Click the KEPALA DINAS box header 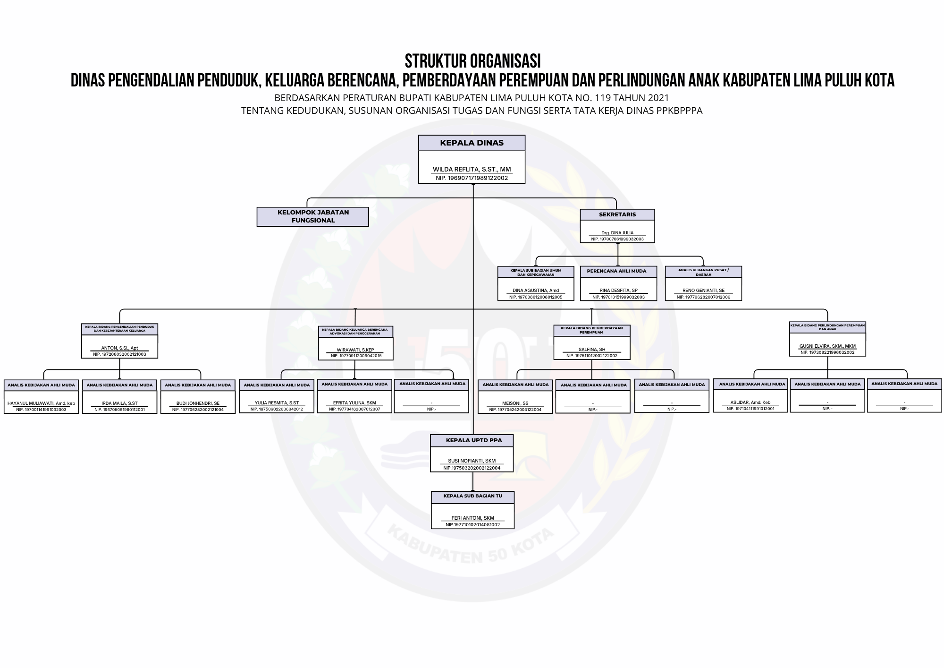(x=472, y=143)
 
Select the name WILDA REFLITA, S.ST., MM (x=472, y=169)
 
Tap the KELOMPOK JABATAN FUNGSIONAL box (x=312, y=216)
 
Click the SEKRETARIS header (x=617, y=214)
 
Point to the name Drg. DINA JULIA (x=617, y=233)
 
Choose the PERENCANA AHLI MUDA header (x=618, y=271)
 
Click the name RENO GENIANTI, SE (x=703, y=291)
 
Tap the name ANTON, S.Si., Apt (x=119, y=348)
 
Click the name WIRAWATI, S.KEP (x=355, y=350)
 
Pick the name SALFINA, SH (x=591, y=350)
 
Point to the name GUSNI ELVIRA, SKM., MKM (x=827, y=346)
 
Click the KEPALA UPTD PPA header (x=472, y=440)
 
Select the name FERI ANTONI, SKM (x=472, y=518)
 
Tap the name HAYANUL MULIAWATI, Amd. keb (x=41, y=403)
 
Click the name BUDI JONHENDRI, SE (x=198, y=403)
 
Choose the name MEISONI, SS (x=515, y=403)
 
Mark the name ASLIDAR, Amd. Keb (x=750, y=403)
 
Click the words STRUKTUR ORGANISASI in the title (x=472, y=61)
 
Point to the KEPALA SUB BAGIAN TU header (x=472, y=497)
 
